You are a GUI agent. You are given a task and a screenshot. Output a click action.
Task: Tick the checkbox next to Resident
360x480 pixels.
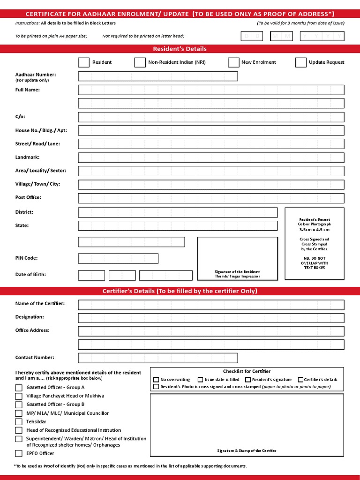point(83,62)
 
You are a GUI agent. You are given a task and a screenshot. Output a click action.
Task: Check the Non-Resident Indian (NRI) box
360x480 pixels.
point(140,62)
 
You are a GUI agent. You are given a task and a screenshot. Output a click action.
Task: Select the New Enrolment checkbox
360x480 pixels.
point(233,62)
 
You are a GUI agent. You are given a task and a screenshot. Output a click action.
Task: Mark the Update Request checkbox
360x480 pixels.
point(301,62)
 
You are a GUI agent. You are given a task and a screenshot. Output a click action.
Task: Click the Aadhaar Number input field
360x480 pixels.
point(158,76)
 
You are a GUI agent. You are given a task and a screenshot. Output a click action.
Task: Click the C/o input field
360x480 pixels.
point(211,117)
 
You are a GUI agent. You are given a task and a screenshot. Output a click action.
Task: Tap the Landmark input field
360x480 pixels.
point(211,158)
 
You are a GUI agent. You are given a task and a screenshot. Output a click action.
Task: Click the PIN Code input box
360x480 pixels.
point(118,258)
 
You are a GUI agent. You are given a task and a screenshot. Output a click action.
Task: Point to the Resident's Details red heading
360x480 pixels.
point(180,49)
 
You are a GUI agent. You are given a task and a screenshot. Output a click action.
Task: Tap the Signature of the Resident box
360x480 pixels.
point(237,258)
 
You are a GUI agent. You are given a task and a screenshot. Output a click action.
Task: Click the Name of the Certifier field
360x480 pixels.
point(211,305)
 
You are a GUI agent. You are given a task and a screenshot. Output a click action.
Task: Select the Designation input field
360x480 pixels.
point(211,318)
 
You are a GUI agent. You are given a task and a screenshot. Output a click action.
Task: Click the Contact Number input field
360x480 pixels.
point(158,358)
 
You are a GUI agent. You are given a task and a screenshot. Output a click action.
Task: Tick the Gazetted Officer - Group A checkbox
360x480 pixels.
point(19,388)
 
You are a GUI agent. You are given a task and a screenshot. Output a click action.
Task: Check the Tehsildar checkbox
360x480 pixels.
point(19,422)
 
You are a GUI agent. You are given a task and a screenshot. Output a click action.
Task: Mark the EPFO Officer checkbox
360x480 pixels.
point(19,453)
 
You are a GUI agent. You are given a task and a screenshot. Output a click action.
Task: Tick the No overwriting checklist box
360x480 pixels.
point(157,380)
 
